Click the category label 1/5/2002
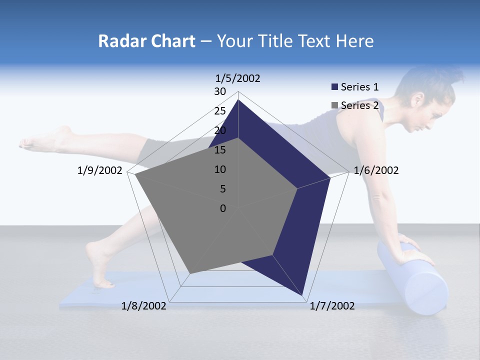(x=237, y=78)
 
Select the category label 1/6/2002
(x=376, y=170)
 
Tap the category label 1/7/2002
(x=332, y=306)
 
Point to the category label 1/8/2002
(x=144, y=306)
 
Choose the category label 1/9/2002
(x=100, y=170)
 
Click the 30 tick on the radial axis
(x=220, y=91)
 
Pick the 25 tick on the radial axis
(x=220, y=111)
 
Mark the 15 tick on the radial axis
(x=220, y=150)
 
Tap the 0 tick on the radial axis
(x=223, y=208)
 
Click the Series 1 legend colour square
(x=334, y=87)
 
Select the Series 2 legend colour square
(x=334, y=105)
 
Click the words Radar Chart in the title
(x=146, y=41)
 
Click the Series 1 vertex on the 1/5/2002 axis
(x=238, y=99)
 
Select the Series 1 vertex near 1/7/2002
(x=303, y=296)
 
